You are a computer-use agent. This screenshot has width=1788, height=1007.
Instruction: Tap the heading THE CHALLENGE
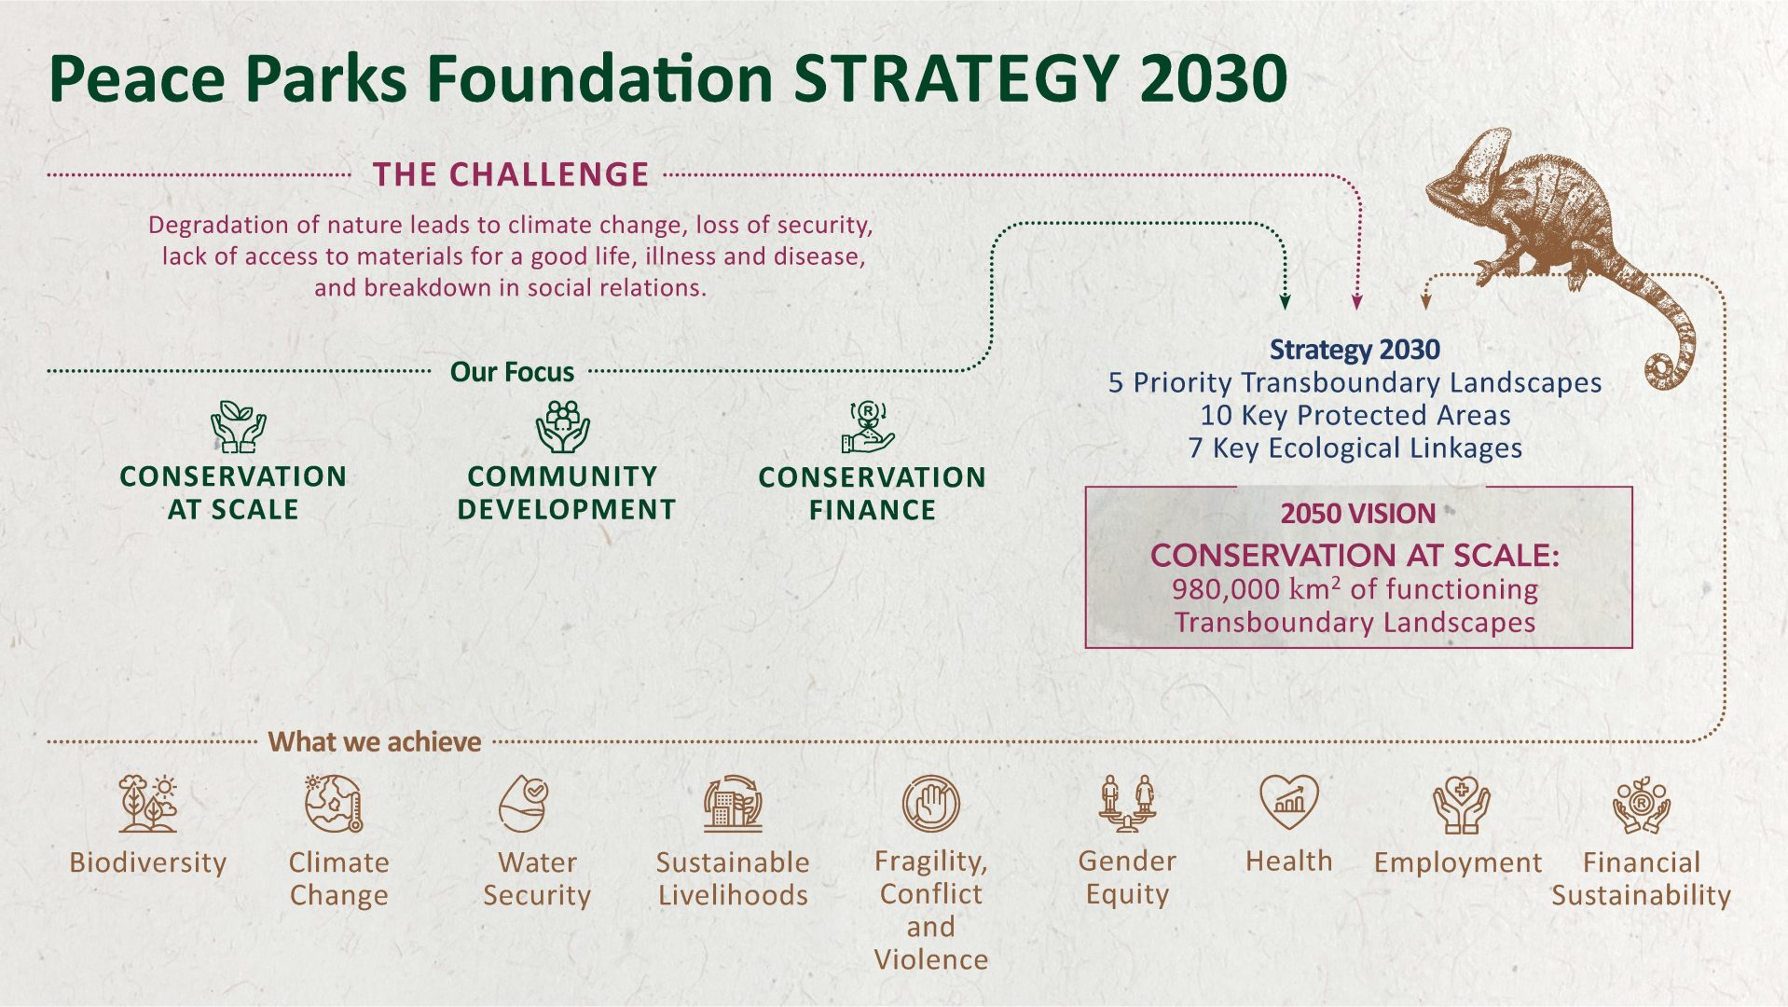[511, 174]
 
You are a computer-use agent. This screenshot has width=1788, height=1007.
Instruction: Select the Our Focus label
[512, 372]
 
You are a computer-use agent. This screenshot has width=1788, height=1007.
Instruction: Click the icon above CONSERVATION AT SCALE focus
[238, 426]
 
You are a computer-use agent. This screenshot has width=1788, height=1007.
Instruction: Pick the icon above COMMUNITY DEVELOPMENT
[563, 427]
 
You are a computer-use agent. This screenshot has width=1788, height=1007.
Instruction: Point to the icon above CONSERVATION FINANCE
[868, 427]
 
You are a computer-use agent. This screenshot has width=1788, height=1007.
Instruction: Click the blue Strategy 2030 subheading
[1355, 350]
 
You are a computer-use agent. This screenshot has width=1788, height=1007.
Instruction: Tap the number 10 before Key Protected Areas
[1216, 415]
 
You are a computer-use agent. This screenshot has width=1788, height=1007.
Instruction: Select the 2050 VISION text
[1357, 514]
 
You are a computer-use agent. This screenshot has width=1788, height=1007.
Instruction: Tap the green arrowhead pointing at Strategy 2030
[1286, 302]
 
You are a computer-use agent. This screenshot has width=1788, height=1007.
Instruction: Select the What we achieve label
[375, 742]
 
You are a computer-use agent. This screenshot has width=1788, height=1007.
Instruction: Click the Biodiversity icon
[148, 803]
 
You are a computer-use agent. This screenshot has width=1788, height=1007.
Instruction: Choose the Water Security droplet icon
[524, 803]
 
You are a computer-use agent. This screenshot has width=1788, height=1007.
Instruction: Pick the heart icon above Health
[1289, 801]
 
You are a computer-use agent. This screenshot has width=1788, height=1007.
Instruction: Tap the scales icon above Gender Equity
[1127, 803]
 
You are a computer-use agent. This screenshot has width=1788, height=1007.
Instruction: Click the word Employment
[1458, 863]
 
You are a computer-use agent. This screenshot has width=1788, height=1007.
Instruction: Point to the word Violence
[931, 959]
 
